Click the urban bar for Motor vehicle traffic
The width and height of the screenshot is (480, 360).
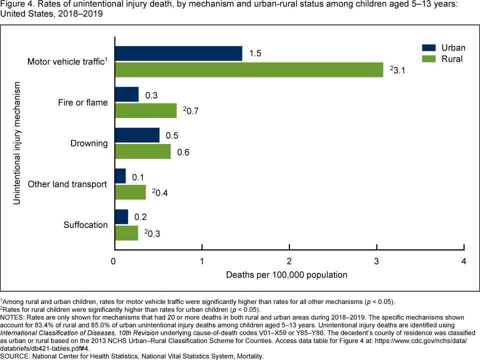178,53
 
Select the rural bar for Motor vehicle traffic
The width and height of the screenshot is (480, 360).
249,70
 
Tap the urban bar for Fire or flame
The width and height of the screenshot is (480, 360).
127,94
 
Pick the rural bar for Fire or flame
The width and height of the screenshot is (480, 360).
146,110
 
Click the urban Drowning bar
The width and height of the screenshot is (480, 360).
137,135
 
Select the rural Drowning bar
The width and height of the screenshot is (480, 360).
143,151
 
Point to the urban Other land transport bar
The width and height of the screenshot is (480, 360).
120,176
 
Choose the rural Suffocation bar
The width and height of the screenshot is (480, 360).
127,233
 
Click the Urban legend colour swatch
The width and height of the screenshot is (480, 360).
429,48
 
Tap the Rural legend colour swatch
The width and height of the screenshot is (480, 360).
429,59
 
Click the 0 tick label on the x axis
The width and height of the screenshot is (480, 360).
114,261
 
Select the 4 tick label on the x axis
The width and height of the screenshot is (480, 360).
464,261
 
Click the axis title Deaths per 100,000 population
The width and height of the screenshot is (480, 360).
286,275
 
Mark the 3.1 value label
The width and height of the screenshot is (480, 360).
397,70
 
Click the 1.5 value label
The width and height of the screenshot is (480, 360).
255,53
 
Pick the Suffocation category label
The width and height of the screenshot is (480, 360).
85,225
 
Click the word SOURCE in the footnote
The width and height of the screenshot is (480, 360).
15,356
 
